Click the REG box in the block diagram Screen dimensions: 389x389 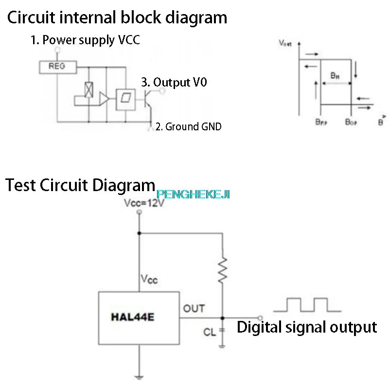57,67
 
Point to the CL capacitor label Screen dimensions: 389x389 210,333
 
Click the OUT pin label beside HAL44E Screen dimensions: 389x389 194,308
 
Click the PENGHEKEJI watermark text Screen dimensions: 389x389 193,194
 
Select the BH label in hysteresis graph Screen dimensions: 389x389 335,75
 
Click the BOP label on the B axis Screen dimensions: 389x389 351,122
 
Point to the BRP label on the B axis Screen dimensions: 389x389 321,122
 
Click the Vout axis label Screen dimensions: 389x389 285,43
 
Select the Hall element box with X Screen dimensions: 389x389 89,89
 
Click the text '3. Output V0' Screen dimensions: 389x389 174,83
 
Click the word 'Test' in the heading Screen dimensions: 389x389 21,185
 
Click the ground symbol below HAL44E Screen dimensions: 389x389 139,376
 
